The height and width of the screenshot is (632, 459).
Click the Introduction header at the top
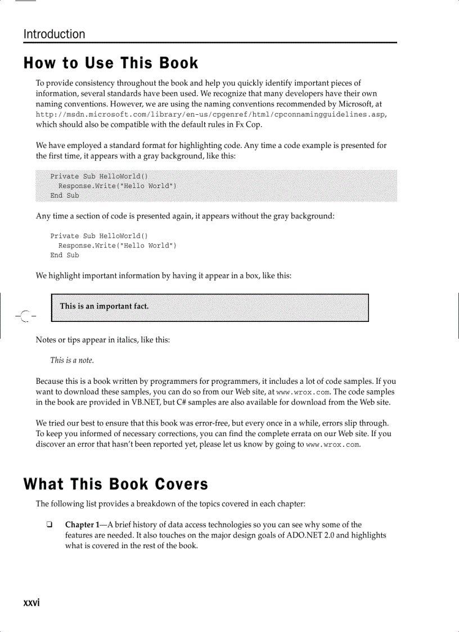pyautogui.click(x=54, y=34)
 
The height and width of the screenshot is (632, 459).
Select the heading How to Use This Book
pyautogui.click(x=111, y=63)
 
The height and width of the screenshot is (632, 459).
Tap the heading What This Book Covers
pyautogui.click(x=115, y=484)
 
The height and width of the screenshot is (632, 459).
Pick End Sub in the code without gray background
pyautogui.click(x=65, y=256)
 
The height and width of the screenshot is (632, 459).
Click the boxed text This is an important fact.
pyautogui.click(x=104, y=306)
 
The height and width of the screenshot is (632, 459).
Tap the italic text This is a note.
pyautogui.click(x=71, y=360)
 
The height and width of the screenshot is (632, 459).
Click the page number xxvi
pyautogui.click(x=31, y=603)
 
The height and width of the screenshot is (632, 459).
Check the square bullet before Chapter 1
pyautogui.click(x=49, y=526)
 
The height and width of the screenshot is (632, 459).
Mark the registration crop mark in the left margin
pyautogui.click(x=22, y=316)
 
